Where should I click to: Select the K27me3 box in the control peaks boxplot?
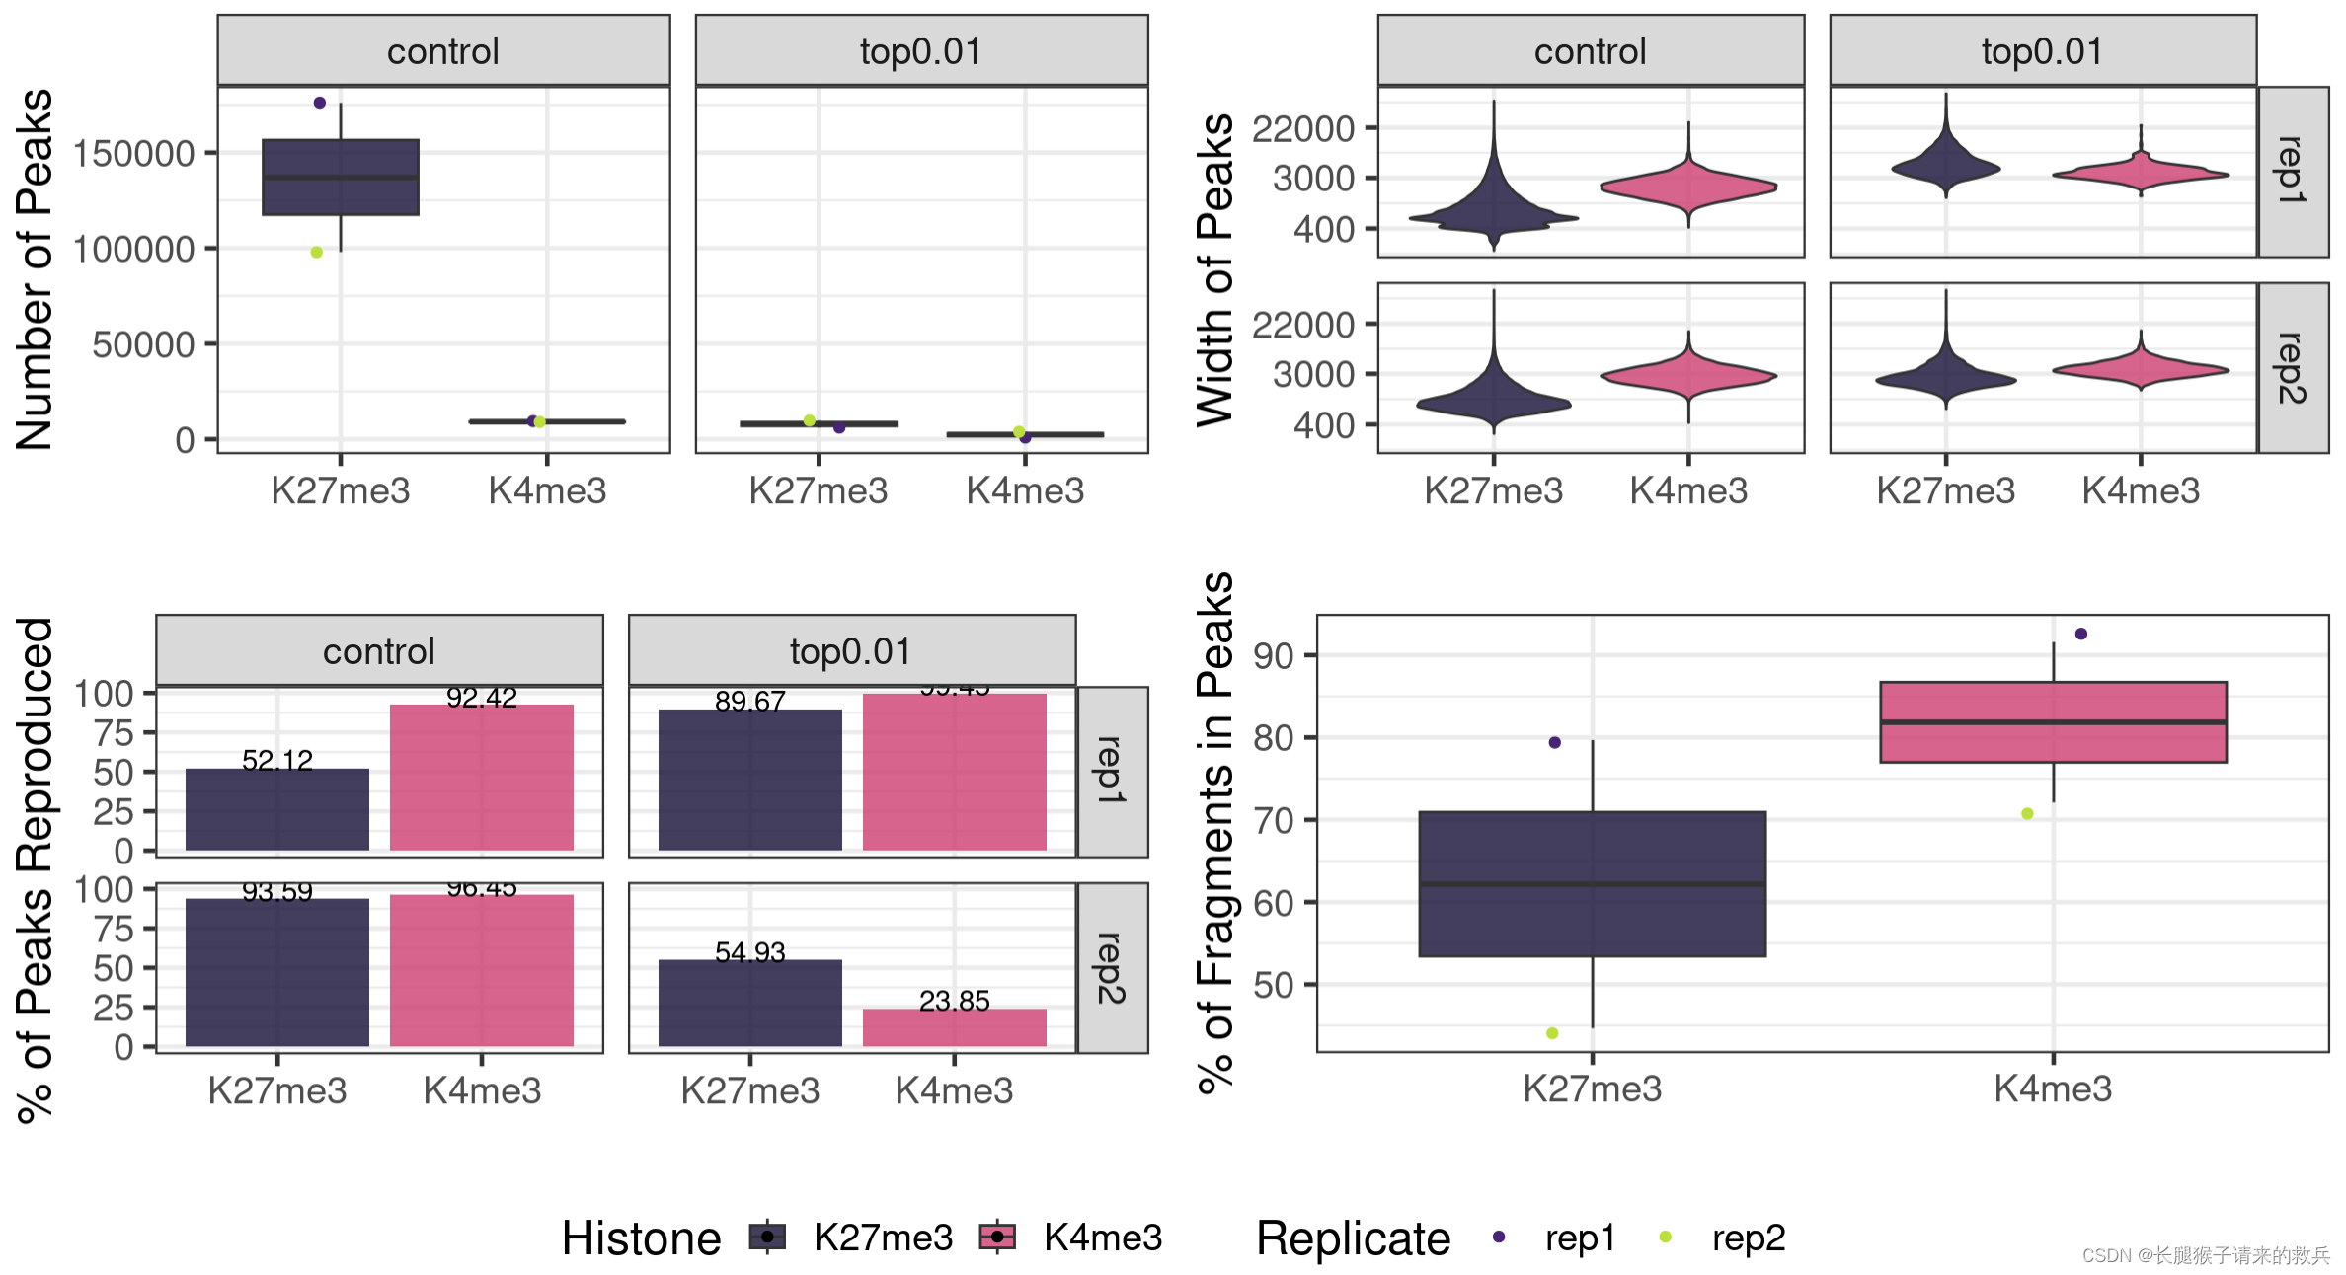[341, 178]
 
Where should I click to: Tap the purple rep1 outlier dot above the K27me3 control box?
[320, 103]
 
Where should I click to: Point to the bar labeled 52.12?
[277, 809]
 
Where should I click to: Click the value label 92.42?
[482, 699]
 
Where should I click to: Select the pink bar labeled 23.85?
[954, 1027]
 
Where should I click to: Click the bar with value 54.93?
[750, 1003]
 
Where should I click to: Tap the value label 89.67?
[750, 702]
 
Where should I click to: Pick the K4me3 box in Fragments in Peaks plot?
[2053, 722]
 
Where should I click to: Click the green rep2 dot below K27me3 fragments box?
[1552, 1033]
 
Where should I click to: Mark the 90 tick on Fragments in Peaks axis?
[1274, 656]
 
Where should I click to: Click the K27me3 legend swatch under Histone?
[767, 1237]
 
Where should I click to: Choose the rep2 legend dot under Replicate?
[1666, 1237]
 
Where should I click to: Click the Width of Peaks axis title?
[1214, 269]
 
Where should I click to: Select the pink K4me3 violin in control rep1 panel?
[1688, 186]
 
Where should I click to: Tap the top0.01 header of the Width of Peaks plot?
[2043, 51]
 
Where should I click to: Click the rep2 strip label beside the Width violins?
[2292, 368]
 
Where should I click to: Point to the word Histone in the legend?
[642, 1237]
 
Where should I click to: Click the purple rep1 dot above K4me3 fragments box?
[2081, 634]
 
